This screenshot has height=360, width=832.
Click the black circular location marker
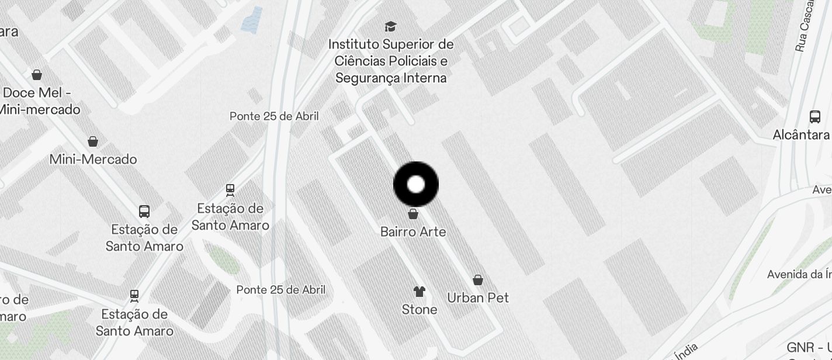(416, 185)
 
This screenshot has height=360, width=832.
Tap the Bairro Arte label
(413, 232)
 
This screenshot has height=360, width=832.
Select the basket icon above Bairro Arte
(413, 214)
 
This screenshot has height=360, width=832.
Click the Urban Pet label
(478, 298)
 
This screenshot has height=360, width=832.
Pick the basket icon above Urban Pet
(478, 280)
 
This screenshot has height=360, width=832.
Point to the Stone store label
(420, 310)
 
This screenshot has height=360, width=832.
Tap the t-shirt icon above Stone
(420, 291)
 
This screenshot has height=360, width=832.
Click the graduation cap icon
(390, 26)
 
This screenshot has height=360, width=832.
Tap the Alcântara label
(801, 135)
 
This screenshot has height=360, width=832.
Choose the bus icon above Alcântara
(815, 116)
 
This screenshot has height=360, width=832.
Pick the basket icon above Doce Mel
(37, 75)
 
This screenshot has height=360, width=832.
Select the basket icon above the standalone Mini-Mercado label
(92, 141)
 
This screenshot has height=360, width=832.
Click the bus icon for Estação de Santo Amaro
(144, 212)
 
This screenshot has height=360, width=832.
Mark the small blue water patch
(252, 20)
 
